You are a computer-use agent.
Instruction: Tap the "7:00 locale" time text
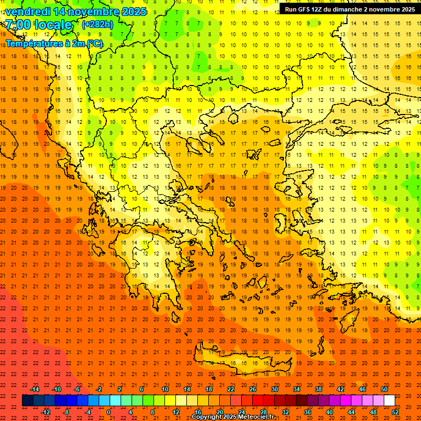pyautogui.click(x=38, y=25)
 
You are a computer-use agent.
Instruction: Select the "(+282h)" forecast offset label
pyautogui.click(x=98, y=24)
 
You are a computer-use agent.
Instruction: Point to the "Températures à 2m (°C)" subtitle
pyautogui.click(x=54, y=43)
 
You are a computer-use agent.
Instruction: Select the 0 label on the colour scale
pyautogui.click(x=109, y=412)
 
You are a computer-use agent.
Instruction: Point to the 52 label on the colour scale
pyautogui.click(x=396, y=412)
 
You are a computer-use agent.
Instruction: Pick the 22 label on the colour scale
pyautogui.click(x=231, y=389)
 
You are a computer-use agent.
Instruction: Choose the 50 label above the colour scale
pyautogui.click(x=384, y=389)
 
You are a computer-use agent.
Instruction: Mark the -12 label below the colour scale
pyautogui.click(x=46, y=412)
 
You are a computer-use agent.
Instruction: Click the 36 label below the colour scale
pyautogui.click(x=308, y=412)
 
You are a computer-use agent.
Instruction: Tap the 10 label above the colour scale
pyautogui.click(x=165, y=389)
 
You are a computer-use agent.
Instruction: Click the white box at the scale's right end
pyautogui.click(x=389, y=401)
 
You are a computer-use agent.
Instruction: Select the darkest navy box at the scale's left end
pyautogui.click(x=27, y=401)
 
